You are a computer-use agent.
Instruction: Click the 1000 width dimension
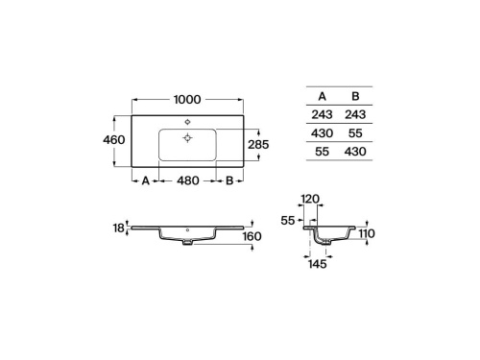coord(186,100)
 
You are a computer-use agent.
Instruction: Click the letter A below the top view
coord(145,180)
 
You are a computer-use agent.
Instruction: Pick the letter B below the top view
coord(229,180)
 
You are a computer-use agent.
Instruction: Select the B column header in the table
coord(356,96)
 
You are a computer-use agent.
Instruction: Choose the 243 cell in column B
coord(356,115)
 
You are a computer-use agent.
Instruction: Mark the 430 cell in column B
coord(356,152)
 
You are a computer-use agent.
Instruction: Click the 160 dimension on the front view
coord(252,236)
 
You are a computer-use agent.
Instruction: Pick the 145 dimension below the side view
coord(318,264)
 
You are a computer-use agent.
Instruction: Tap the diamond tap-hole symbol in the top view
coord(186,120)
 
